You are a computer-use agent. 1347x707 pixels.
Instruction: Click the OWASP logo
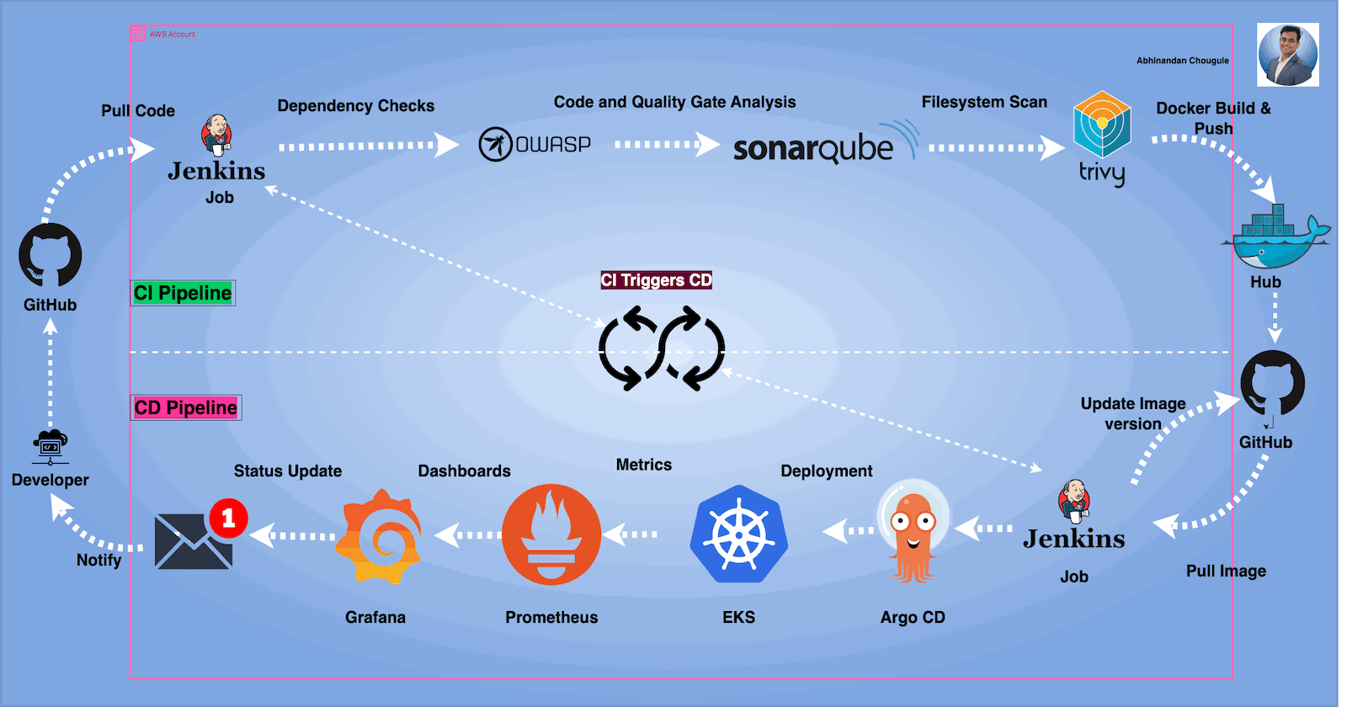pyautogui.click(x=534, y=145)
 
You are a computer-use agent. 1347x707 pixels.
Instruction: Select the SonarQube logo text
pyautogui.click(x=813, y=148)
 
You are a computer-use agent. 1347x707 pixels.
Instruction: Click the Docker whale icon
pyautogui.click(x=1274, y=238)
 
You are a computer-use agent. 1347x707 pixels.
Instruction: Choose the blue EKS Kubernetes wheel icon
pyautogui.click(x=739, y=535)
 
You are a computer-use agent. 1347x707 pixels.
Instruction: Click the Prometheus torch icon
pyautogui.click(x=551, y=534)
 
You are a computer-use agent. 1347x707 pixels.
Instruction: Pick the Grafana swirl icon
pyautogui.click(x=380, y=536)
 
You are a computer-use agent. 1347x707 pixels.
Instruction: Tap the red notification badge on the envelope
pyautogui.click(x=228, y=518)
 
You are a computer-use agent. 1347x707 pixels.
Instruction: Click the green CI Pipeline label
pyautogui.click(x=183, y=293)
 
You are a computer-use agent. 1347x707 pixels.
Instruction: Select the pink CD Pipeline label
pyautogui.click(x=186, y=408)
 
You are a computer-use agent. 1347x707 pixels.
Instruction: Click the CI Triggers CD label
pyautogui.click(x=656, y=280)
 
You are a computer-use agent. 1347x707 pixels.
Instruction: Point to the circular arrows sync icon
pyautogui.click(x=662, y=348)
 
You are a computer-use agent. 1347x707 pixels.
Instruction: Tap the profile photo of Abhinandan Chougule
pyautogui.click(x=1288, y=55)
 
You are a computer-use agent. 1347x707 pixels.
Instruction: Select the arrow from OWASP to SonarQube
pyautogui.click(x=666, y=145)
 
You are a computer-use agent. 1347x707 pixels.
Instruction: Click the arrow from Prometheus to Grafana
pyautogui.click(x=468, y=534)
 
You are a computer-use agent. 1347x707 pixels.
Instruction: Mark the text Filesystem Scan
pyautogui.click(x=984, y=102)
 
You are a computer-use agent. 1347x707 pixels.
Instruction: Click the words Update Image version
pyautogui.click(x=1133, y=413)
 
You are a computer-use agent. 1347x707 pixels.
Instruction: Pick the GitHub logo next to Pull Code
pyautogui.click(x=51, y=255)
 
